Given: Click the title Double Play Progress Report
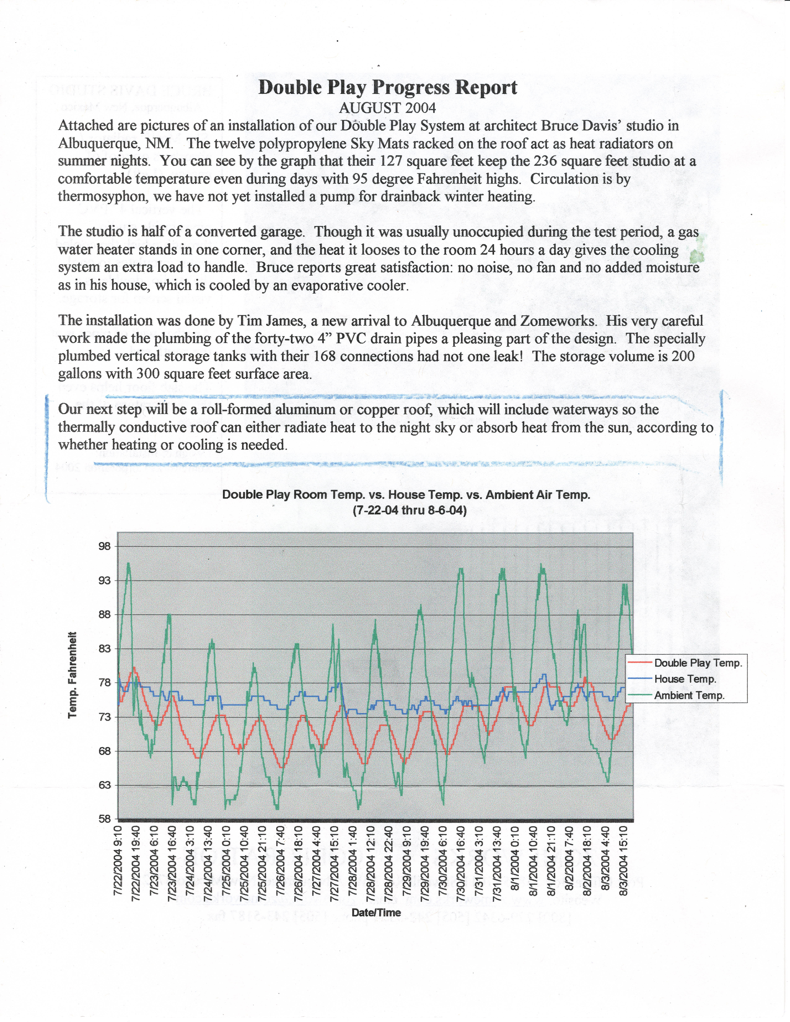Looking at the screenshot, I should (x=388, y=87).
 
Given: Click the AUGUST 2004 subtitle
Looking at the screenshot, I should (x=388, y=108).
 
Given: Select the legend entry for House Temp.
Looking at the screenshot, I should (x=685, y=679).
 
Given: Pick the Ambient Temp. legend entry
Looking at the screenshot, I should (x=689, y=695).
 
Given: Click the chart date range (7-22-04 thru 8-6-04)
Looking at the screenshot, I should (x=410, y=510).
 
